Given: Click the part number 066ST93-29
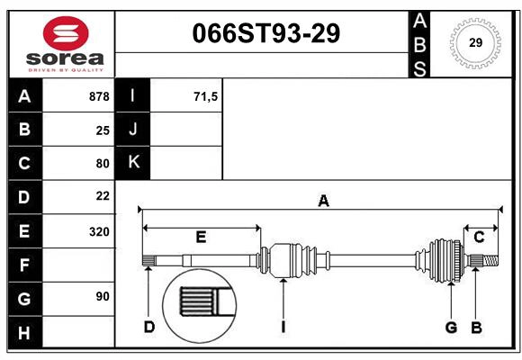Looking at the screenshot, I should (266, 33).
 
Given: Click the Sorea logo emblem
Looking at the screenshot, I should (66, 33).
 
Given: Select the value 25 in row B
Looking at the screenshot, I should (103, 130).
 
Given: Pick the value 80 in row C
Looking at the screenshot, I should (103, 164).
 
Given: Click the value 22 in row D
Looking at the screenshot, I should (103, 196).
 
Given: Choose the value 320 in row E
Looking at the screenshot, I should (99, 231).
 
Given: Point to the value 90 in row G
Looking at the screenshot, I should (103, 297).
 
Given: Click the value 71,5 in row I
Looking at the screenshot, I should (205, 96).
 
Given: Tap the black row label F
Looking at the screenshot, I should (24, 265).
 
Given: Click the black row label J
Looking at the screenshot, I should (133, 130).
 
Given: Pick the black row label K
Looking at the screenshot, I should (133, 163).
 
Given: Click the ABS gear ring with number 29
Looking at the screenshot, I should (474, 42).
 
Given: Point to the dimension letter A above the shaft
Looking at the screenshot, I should (323, 202).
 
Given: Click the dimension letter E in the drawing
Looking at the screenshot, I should (201, 238).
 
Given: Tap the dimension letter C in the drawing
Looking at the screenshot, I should (480, 237).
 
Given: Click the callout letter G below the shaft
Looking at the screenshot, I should (451, 327).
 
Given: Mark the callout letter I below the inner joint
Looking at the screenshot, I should (283, 327).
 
